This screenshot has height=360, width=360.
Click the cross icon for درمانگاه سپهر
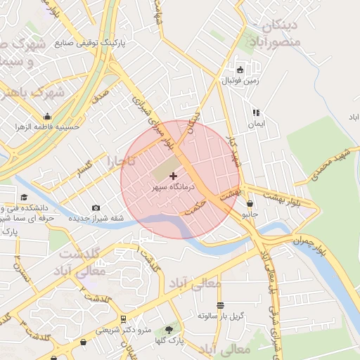pos(174,175)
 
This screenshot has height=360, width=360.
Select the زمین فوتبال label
pos(240,81)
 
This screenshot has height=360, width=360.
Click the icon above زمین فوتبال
pos(240,70)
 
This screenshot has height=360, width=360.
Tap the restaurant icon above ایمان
pos(256,112)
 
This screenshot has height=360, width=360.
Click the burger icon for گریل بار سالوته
pos(221,305)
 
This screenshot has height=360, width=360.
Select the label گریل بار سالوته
pos(221,316)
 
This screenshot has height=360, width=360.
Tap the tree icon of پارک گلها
pos(168,329)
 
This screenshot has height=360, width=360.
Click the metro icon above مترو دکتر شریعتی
pos(124,318)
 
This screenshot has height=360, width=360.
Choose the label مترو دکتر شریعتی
pos(124,329)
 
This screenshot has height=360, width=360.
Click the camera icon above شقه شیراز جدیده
pos(96,207)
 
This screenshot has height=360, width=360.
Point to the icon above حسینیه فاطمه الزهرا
pos(47,116)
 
